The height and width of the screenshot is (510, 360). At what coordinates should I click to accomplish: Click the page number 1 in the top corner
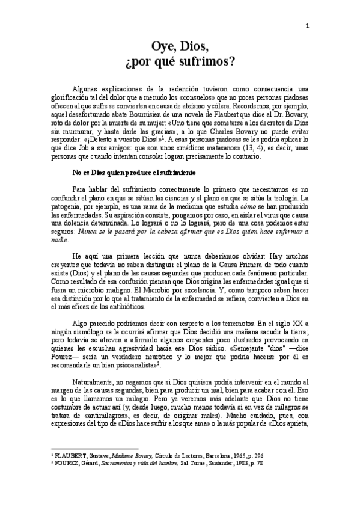pyautogui.click(x=307, y=25)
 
